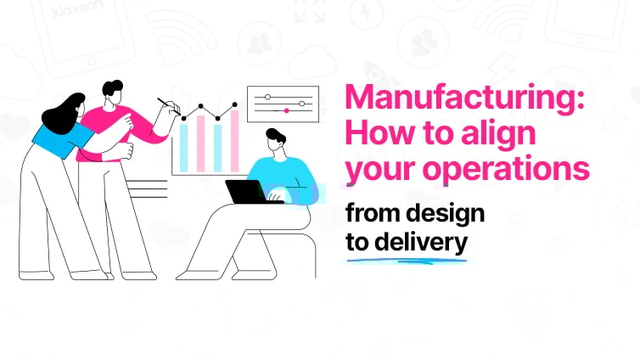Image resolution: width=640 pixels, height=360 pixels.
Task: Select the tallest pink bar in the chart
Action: point(233,139)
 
